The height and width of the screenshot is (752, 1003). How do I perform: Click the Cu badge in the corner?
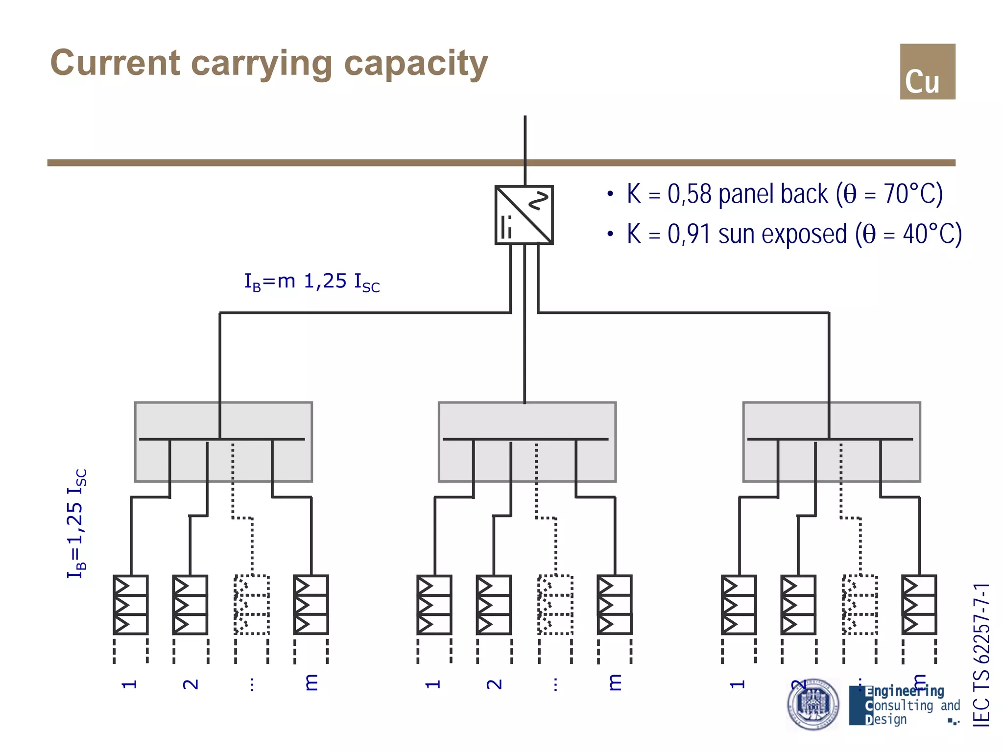927,71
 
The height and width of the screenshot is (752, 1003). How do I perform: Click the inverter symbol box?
524,215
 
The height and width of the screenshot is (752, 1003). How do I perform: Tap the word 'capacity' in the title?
416,64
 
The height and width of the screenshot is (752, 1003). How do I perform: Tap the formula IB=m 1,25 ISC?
312,282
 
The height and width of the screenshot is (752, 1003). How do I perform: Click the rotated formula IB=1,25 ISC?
76,523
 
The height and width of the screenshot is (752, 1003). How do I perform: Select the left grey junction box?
223,442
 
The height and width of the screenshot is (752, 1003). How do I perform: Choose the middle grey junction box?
527,442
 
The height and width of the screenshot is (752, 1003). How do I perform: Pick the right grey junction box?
832,442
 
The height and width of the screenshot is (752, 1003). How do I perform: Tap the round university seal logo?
813,704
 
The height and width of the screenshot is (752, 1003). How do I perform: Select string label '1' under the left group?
129,684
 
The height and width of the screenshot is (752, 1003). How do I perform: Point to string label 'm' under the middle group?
615,682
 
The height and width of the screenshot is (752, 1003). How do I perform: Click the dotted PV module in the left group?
252,605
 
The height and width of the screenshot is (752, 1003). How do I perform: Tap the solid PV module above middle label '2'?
494,605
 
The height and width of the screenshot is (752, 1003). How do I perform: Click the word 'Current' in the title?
116,64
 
